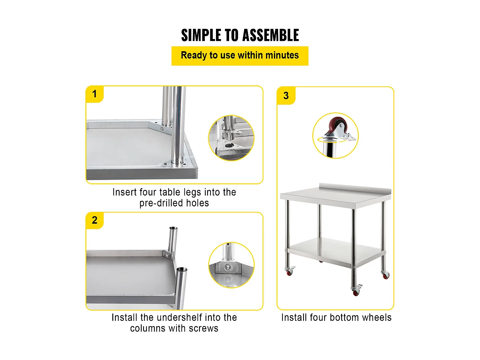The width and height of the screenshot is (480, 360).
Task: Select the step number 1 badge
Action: tap(94, 94)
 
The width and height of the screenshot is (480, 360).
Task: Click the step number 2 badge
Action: tap(94, 220)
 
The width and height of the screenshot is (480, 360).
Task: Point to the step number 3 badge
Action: tap(286, 96)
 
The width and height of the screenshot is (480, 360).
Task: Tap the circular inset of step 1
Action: tap(231, 138)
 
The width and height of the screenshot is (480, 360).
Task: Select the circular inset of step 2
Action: tap(231, 265)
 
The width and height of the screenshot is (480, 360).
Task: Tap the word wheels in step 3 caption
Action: tap(377, 317)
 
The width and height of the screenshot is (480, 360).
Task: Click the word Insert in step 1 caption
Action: tap(124, 192)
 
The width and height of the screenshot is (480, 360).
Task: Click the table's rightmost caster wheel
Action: tap(386, 275)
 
